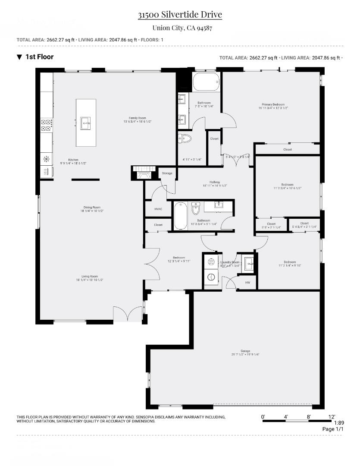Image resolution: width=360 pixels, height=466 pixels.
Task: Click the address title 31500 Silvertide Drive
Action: [x=180, y=15]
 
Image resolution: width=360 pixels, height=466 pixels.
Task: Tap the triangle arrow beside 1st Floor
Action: [x=19, y=57]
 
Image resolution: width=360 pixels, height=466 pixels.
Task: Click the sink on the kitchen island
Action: [x=85, y=123]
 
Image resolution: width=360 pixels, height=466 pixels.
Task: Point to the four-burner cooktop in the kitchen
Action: [x=47, y=125]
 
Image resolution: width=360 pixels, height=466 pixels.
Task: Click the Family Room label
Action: [x=137, y=118]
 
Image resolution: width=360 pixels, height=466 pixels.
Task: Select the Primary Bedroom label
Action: [x=273, y=104]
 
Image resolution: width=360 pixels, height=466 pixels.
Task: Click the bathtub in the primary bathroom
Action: [x=206, y=82]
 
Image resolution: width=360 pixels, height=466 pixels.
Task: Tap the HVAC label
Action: [x=158, y=209]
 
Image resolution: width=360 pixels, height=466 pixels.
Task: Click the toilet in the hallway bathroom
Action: [x=196, y=208]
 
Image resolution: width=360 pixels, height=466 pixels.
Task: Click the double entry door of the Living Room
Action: [x=128, y=314]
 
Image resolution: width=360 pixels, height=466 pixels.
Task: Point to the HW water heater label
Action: [x=247, y=283]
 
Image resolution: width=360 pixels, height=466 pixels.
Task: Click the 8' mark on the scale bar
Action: [x=308, y=416]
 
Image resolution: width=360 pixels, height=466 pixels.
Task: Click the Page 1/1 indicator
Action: [x=333, y=429]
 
